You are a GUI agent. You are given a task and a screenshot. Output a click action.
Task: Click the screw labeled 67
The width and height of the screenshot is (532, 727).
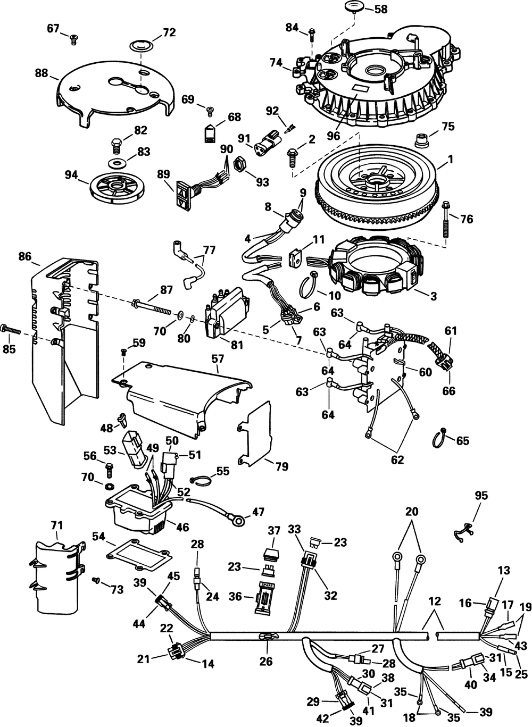(x=73, y=36)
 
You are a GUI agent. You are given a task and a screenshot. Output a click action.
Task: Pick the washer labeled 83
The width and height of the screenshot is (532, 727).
(x=115, y=161)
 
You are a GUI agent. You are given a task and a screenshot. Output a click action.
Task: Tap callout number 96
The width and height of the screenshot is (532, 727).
(x=334, y=136)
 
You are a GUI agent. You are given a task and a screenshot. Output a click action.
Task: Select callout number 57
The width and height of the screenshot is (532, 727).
(x=218, y=360)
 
